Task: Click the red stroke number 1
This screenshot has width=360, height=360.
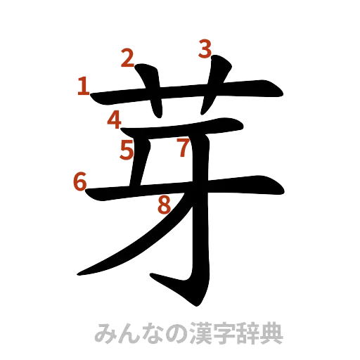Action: (83, 87)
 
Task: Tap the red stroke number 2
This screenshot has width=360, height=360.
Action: (127, 58)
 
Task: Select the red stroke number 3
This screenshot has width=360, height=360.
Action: (205, 49)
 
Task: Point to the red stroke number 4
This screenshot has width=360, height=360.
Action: (115, 120)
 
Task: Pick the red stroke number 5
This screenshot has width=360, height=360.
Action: (127, 150)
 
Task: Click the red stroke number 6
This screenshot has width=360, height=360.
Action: (80, 181)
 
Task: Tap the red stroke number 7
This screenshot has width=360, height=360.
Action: (183, 148)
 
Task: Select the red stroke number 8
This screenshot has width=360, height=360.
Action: (165, 205)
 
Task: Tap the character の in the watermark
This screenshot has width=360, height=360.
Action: (169, 334)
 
